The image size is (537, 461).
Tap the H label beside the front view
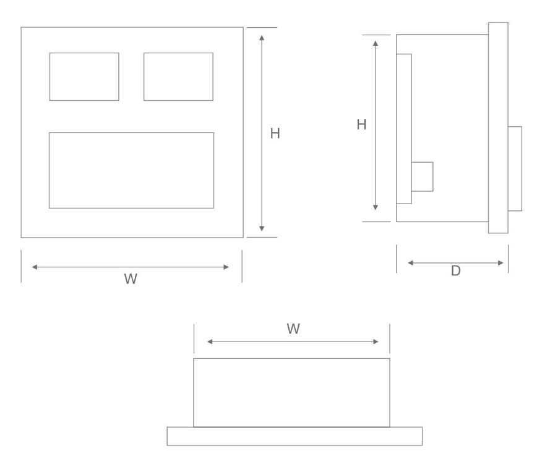click(x=275, y=133)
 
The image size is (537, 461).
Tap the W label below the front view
click(x=131, y=279)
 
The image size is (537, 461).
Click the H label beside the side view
click(x=362, y=124)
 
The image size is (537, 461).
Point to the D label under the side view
click(x=456, y=271)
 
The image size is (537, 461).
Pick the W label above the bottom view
click(x=293, y=329)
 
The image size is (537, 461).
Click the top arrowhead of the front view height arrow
click(x=262, y=37)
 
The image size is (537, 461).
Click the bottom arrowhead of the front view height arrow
click(x=262, y=228)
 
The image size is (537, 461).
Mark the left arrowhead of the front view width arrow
click(x=34, y=267)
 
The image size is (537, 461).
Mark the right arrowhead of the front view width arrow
click(x=226, y=267)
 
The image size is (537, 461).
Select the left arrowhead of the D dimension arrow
click(x=410, y=263)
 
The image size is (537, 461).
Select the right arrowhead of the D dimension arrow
click(x=500, y=263)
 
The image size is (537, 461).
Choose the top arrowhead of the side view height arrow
click(x=376, y=43)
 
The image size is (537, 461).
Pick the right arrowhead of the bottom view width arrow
click(x=376, y=342)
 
